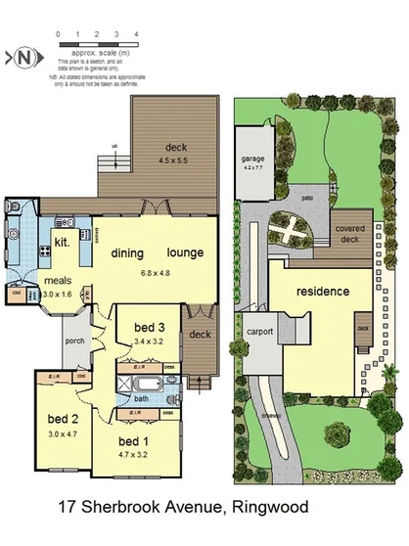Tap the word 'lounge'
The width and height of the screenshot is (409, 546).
pos(185,252)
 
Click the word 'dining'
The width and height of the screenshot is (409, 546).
pos(127,252)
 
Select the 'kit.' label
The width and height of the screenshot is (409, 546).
pos(60,240)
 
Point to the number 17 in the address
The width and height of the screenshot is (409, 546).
pos(68,508)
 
